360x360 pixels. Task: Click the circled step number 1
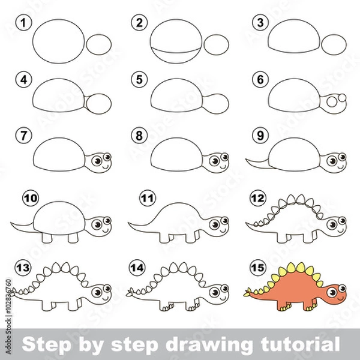23,23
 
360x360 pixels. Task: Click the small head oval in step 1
99,44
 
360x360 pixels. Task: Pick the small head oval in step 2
217,44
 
